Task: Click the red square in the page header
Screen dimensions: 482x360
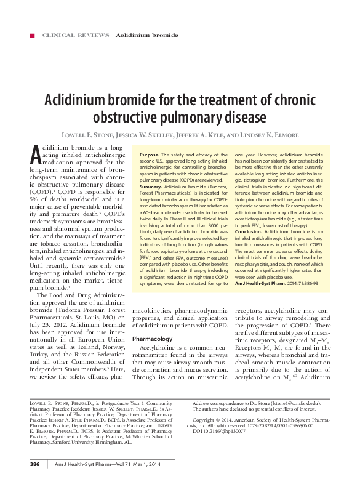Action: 23,36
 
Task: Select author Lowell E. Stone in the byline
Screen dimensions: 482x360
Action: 86,135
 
